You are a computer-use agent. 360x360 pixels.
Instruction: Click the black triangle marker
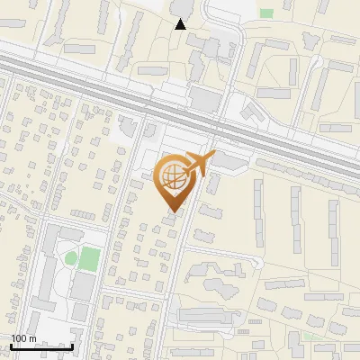point(181,24)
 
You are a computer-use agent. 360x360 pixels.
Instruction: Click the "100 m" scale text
point(23,338)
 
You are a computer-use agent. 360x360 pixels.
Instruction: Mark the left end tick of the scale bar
point(11,345)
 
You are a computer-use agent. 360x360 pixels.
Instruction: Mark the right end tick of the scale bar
point(72,345)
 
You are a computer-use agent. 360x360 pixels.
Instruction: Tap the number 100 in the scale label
point(19,338)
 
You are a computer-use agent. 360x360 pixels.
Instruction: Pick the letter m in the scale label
point(32,339)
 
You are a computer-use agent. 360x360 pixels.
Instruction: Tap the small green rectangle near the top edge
point(266,13)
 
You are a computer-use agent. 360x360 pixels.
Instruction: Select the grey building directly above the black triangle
point(181,8)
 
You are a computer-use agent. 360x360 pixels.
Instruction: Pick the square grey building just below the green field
point(82,286)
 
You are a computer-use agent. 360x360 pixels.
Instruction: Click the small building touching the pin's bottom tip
point(171,219)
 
